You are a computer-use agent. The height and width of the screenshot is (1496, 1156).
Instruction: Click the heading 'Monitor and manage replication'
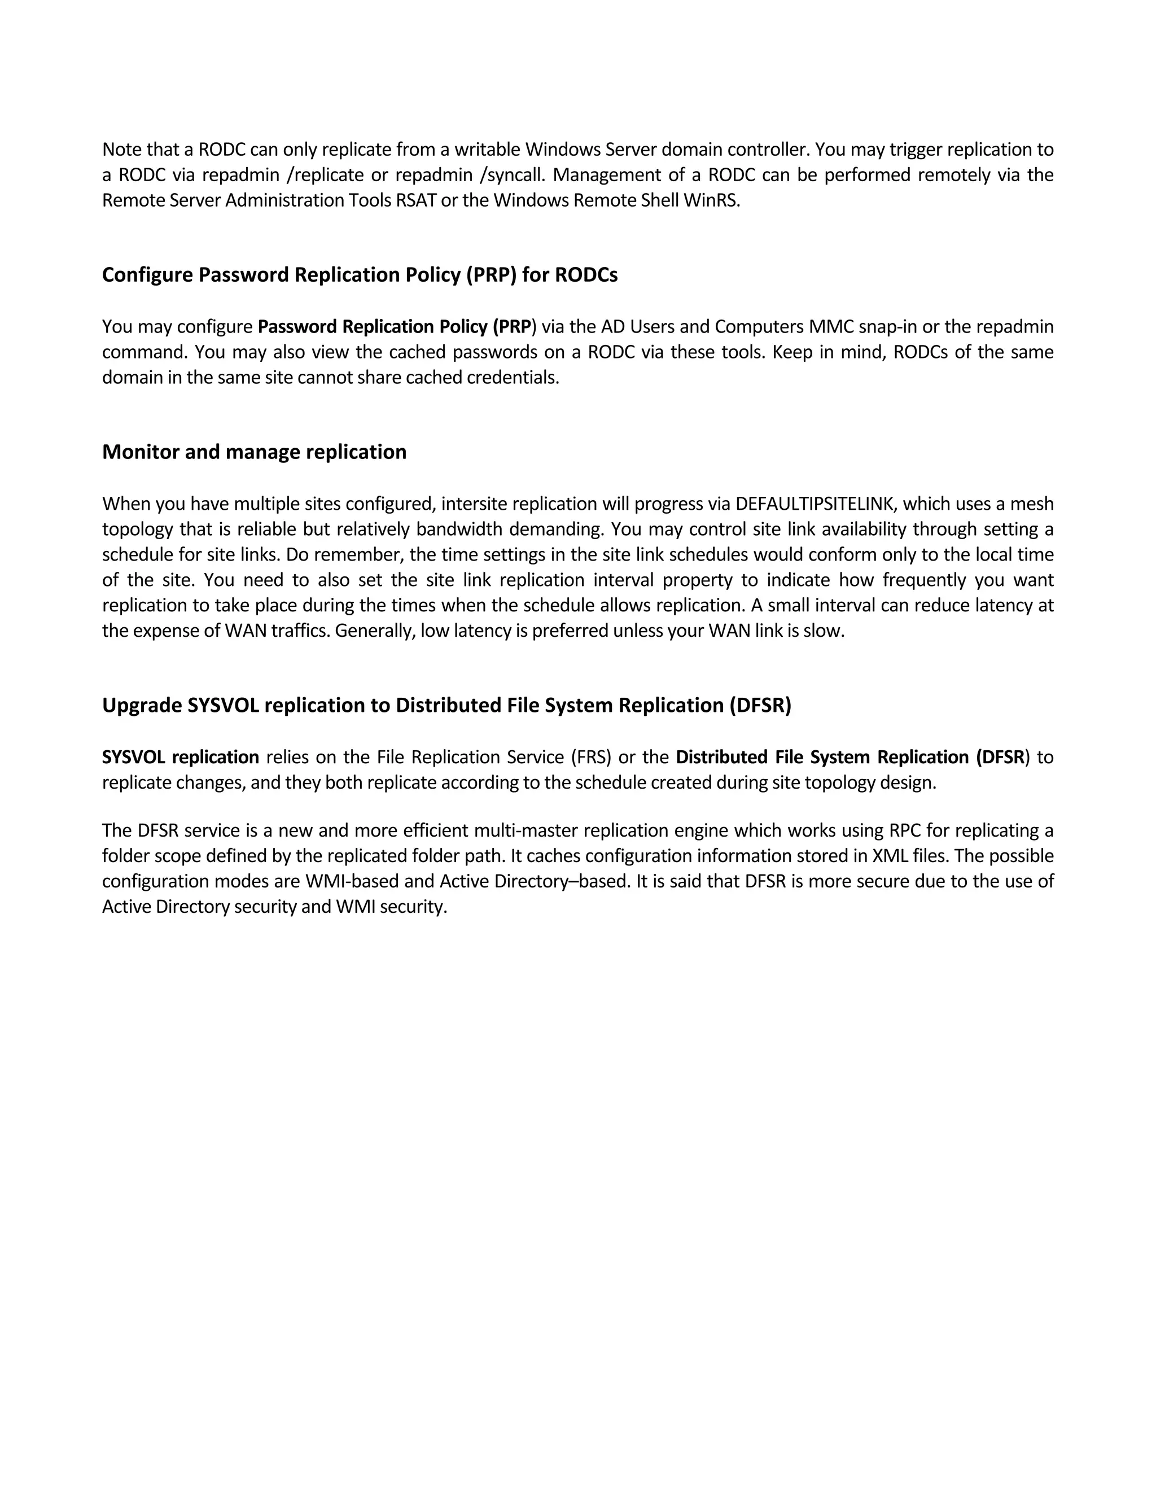point(254,452)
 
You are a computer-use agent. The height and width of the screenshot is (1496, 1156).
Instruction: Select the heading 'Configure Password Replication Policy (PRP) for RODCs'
point(360,275)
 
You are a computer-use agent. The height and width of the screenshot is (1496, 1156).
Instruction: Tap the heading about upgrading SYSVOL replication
point(446,706)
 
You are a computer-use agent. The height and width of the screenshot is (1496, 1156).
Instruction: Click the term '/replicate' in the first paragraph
point(327,176)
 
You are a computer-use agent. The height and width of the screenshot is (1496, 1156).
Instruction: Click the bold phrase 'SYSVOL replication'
point(181,758)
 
